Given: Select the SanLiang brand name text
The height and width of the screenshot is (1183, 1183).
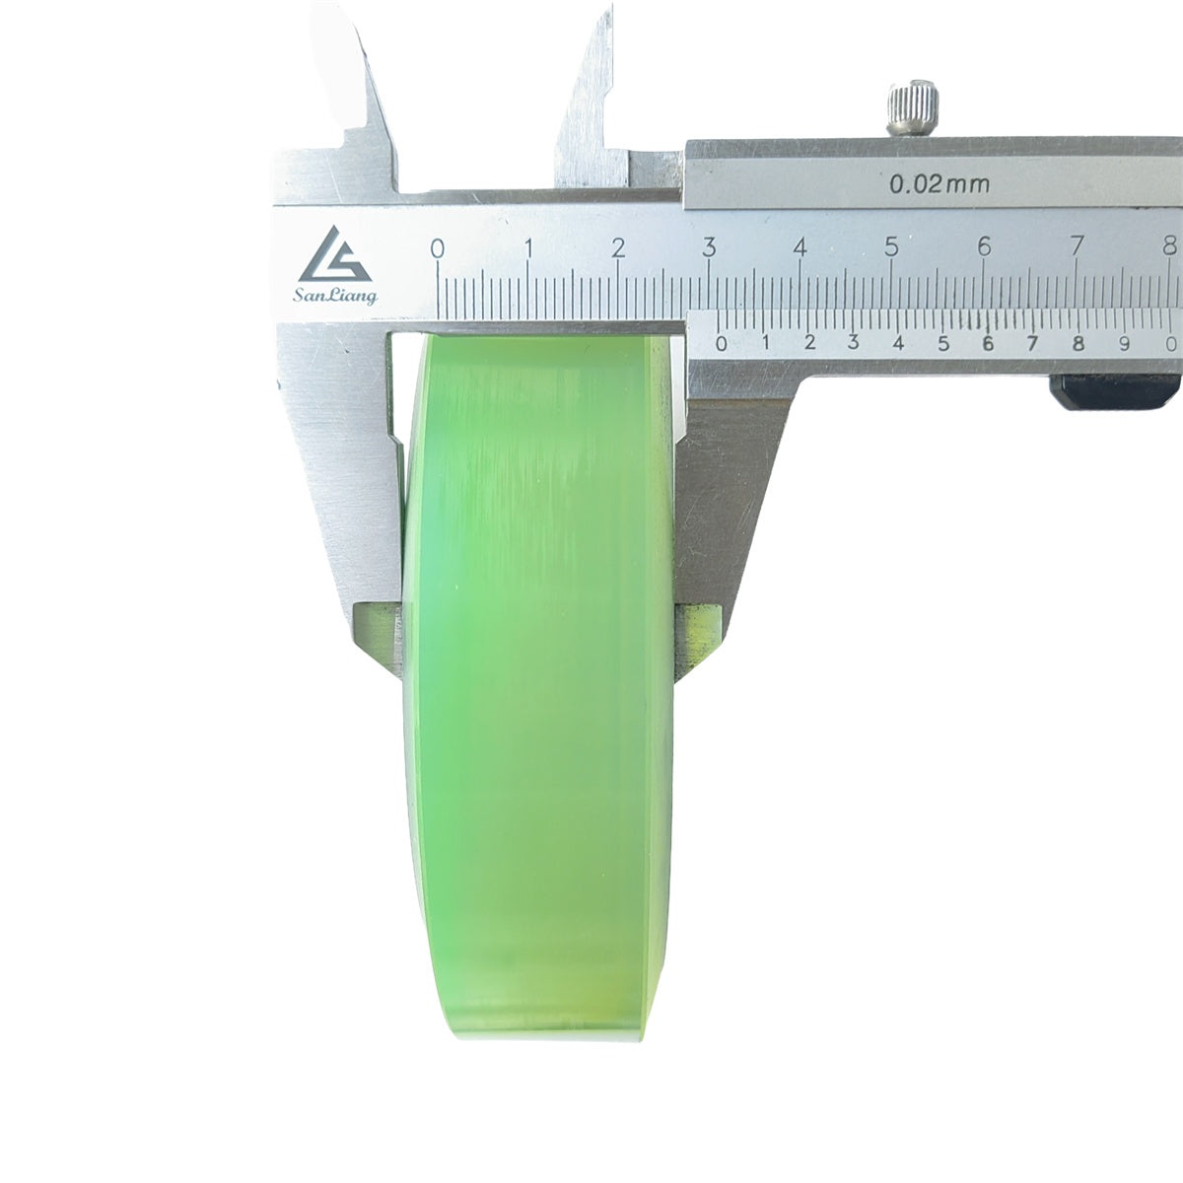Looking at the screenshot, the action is [335, 296].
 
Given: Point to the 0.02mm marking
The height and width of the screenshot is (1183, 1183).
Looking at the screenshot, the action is [939, 183].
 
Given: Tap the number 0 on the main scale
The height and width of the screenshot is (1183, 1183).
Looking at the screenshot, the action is [437, 248].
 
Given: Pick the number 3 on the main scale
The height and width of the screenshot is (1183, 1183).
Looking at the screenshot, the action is [709, 247].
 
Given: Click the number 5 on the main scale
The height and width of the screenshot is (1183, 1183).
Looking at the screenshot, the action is [891, 246].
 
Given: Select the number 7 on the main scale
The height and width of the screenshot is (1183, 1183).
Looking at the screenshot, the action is [1077, 246].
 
